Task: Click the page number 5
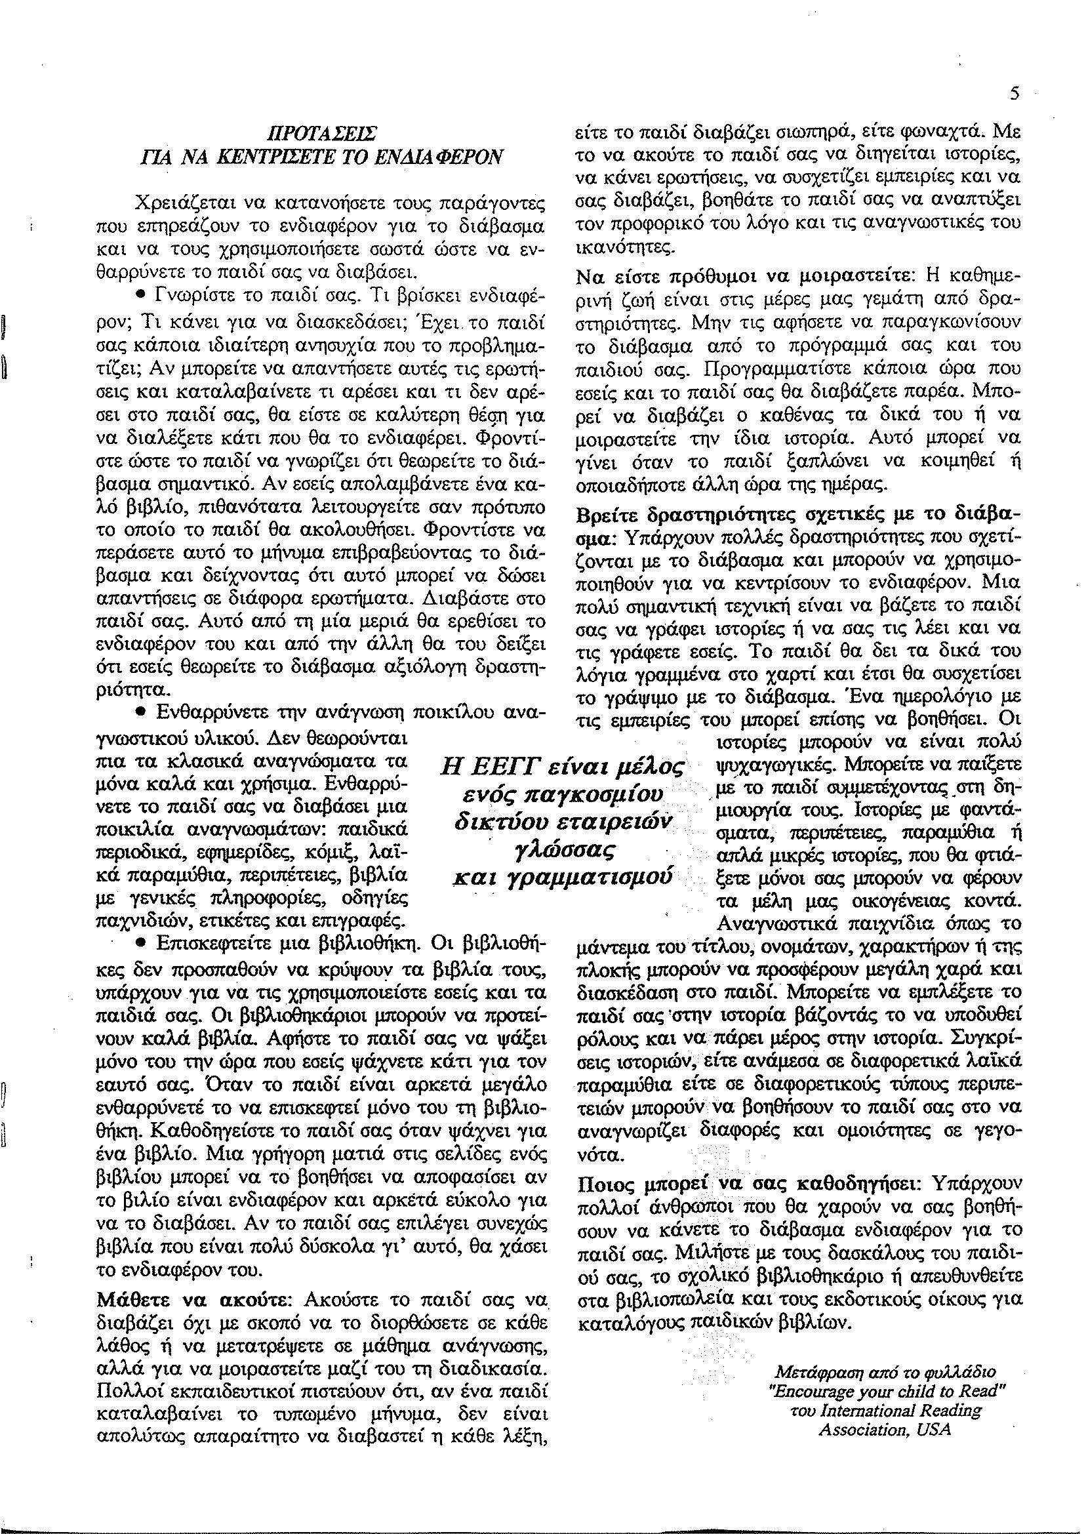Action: [x=1015, y=95]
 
